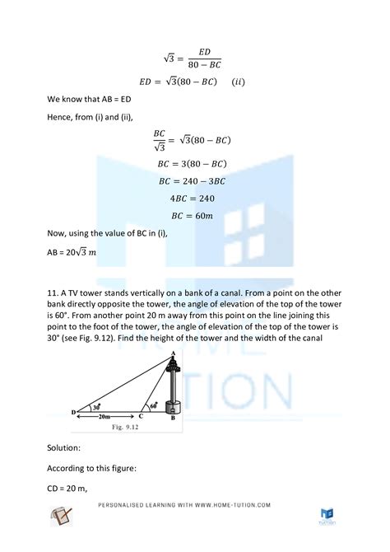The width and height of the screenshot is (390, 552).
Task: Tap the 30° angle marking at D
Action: click(x=97, y=406)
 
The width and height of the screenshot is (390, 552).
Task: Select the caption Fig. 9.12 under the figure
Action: click(x=127, y=428)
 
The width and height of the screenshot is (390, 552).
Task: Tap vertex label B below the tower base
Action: click(x=173, y=419)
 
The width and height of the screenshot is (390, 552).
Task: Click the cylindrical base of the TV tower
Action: click(x=173, y=406)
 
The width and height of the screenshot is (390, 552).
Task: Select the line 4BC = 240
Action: click(x=195, y=198)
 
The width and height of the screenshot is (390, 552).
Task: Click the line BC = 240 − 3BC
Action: click(x=195, y=180)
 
